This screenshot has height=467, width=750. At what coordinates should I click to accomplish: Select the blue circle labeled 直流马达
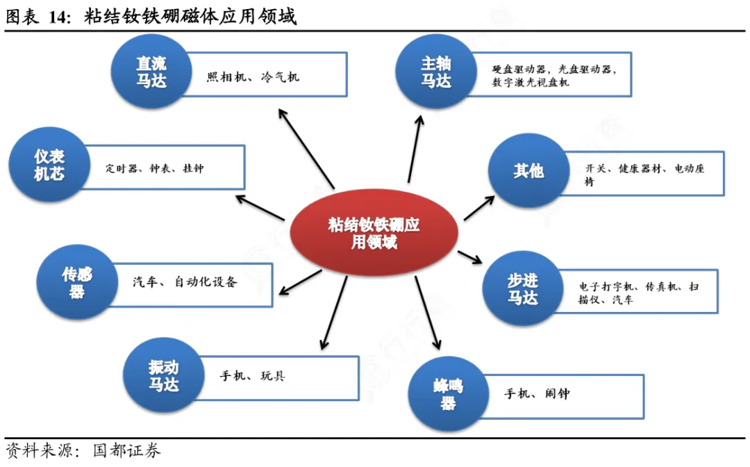[151, 72]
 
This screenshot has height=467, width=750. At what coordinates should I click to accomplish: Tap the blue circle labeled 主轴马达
[435, 72]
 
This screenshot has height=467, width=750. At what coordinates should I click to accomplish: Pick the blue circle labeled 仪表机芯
[49, 165]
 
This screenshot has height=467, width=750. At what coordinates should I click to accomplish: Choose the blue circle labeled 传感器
[76, 282]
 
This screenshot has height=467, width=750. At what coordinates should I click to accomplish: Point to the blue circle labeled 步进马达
[522, 289]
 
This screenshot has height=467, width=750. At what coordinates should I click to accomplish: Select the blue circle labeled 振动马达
[162, 375]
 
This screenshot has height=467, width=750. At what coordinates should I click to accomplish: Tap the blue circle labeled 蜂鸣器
[447, 394]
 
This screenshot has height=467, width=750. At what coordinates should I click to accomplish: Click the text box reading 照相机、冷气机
[253, 77]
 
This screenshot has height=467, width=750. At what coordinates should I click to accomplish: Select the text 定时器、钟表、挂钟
[154, 168]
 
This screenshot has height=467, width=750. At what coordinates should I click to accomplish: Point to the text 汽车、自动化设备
[185, 282]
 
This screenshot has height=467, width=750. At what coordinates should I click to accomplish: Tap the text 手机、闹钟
[537, 394]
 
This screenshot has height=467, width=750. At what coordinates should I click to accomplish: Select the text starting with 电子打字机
[638, 293]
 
